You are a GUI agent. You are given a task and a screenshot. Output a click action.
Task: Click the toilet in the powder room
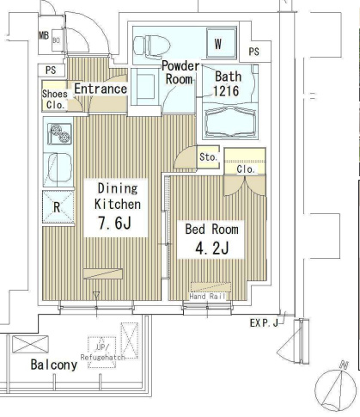[x=152, y=46]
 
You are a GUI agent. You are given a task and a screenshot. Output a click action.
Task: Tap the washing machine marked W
[x=221, y=44]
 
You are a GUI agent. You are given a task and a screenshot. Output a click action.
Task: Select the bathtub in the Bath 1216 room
[x=230, y=121]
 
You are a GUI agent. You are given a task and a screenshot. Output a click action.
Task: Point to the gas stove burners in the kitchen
[x=60, y=134]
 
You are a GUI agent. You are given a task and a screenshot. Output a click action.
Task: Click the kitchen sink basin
[x=59, y=169]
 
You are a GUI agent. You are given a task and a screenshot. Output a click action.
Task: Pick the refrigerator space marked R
[x=58, y=207]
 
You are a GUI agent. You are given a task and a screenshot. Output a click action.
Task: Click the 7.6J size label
[x=114, y=223]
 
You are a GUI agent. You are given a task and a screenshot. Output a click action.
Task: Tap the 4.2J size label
[x=212, y=248]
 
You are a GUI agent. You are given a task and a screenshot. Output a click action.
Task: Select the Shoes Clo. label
[x=55, y=100]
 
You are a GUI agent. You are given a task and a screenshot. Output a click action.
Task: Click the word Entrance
[x=101, y=89]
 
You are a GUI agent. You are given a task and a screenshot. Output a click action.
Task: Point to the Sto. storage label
[x=209, y=157]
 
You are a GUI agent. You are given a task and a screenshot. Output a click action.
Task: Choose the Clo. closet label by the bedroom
[x=246, y=169]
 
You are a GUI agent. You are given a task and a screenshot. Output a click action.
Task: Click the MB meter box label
[x=44, y=35]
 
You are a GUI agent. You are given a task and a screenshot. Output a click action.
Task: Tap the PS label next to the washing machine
[x=254, y=52]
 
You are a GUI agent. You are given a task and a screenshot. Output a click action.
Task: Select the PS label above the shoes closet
[x=51, y=71]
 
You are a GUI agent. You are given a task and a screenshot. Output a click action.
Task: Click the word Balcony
[x=54, y=365]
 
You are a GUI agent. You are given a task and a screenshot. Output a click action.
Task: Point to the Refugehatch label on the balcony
[x=102, y=358]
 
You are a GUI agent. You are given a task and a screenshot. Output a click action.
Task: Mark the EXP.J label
[x=264, y=323]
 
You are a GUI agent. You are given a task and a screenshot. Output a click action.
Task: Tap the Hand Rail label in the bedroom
[x=208, y=297]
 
